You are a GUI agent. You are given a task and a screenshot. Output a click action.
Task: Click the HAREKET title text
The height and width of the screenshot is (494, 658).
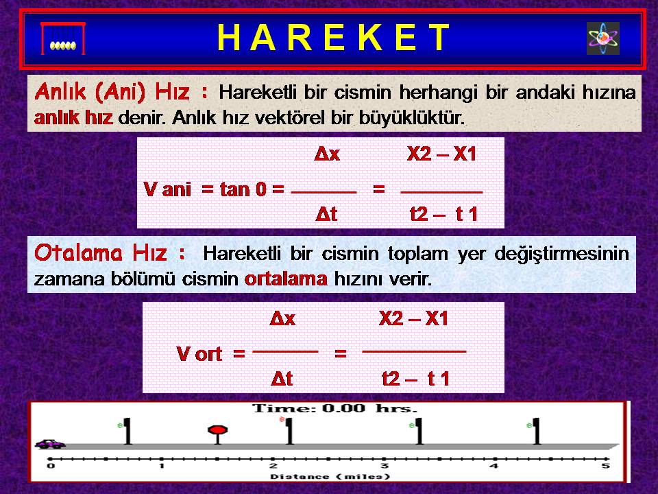pyautogui.click(x=334, y=37)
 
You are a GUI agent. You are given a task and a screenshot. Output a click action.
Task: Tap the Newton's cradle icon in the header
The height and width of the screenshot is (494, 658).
pyautogui.click(x=63, y=38)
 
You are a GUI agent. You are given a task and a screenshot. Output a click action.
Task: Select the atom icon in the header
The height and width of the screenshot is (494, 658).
pyautogui.click(x=603, y=38)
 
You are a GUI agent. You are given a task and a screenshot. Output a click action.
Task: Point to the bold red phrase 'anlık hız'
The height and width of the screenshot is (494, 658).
pyautogui.click(x=73, y=117)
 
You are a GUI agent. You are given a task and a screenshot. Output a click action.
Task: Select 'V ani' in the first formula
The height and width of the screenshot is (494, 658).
pyautogui.click(x=167, y=189)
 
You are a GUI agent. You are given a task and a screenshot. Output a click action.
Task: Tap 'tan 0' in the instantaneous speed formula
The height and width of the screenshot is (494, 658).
pyautogui.click(x=243, y=189)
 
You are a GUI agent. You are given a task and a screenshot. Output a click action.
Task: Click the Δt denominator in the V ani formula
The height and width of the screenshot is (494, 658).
pyautogui.click(x=326, y=215)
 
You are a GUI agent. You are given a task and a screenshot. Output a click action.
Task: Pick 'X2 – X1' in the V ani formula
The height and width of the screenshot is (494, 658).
pyautogui.click(x=441, y=154)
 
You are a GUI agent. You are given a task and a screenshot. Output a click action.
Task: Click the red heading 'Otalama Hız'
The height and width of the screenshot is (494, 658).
pyautogui.click(x=101, y=253)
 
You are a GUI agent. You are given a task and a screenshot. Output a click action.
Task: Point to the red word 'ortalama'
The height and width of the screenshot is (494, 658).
pyautogui.click(x=286, y=279)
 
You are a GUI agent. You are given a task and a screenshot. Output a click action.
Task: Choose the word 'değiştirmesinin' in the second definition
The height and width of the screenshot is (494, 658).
pyautogui.click(x=561, y=254)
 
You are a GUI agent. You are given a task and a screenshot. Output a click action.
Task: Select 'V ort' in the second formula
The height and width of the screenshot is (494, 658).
pyautogui.click(x=199, y=354)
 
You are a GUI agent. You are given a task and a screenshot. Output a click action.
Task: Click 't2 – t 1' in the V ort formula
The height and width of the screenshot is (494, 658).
pyautogui.click(x=415, y=379)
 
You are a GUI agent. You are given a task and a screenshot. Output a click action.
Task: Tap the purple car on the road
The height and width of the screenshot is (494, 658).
pyautogui.click(x=50, y=444)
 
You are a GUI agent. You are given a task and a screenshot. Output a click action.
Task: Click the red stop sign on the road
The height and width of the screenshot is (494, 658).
pyautogui.click(x=218, y=434)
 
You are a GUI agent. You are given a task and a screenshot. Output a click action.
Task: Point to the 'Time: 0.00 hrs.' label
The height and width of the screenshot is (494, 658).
pyautogui.click(x=334, y=408)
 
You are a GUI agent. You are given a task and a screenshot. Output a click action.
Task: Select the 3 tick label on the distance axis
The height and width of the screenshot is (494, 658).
pyautogui.click(x=384, y=466)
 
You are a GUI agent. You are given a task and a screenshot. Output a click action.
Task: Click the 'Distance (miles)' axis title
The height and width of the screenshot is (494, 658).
pyautogui.click(x=330, y=477)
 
